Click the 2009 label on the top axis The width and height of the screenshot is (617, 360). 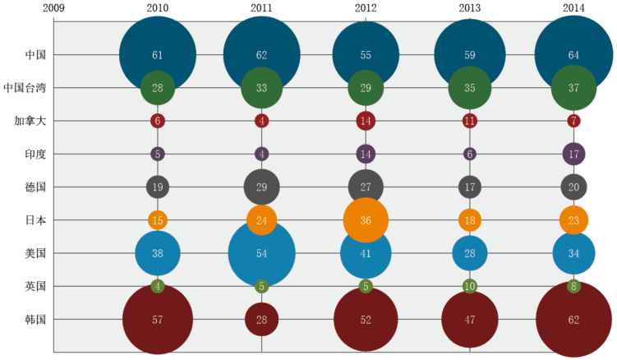pyautogui.click(x=53, y=8)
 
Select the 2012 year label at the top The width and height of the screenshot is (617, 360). pyautogui.click(x=366, y=8)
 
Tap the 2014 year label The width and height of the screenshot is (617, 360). pyautogui.click(x=573, y=8)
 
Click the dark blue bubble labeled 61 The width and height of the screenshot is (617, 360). pyautogui.click(x=158, y=55)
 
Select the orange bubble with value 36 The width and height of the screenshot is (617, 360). pyautogui.click(x=366, y=219)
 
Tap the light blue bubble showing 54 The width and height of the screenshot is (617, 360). pyautogui.click(x=261, y=253)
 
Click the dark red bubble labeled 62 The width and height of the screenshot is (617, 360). pyautogui.click(x=573, y=319)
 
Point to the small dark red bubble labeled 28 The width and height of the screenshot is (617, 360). pyautogui.click(x=261, y=319)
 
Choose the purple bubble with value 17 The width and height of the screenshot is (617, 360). pyautogui.click(x=573, y=154)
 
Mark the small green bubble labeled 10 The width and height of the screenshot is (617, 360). pyautogui.click(x=470, y=286)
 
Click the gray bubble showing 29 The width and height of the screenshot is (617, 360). pyautogui.click(x=261, y=187)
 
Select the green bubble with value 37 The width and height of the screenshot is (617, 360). pyautogui.click(x=573, y=88)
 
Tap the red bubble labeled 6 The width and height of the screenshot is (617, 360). pyautogui.click(x=158, y=121)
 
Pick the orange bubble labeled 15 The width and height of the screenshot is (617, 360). pyautogui.click(x=158, y=219)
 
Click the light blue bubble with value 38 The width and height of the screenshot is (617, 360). pyautogui.click(x=158, y=253)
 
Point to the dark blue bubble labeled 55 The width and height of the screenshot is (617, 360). pyautogui.click(x=366, y=55)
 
